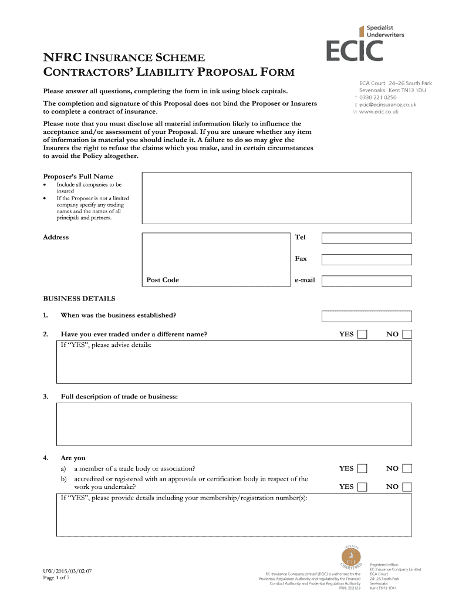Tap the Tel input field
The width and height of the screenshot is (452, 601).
point(366,238)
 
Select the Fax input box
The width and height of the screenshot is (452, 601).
point(366,259)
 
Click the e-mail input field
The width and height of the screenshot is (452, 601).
point(366,281)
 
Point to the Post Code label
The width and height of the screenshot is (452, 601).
point(163,280)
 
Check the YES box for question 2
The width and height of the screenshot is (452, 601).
point(363,335)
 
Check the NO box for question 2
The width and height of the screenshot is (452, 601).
point(407,335)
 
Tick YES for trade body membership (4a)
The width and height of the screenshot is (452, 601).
point(363,468)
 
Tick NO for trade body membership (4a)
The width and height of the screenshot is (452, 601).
point(407,468)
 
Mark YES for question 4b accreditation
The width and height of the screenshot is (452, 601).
point(363,487)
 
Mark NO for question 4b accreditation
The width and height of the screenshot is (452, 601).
point(407,487)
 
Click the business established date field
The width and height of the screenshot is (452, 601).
point(366,316)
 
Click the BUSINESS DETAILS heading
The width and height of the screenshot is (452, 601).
point(79,299)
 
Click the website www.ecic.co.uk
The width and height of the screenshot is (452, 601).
point(379,112)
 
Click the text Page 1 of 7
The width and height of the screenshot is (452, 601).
point(56,578)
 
